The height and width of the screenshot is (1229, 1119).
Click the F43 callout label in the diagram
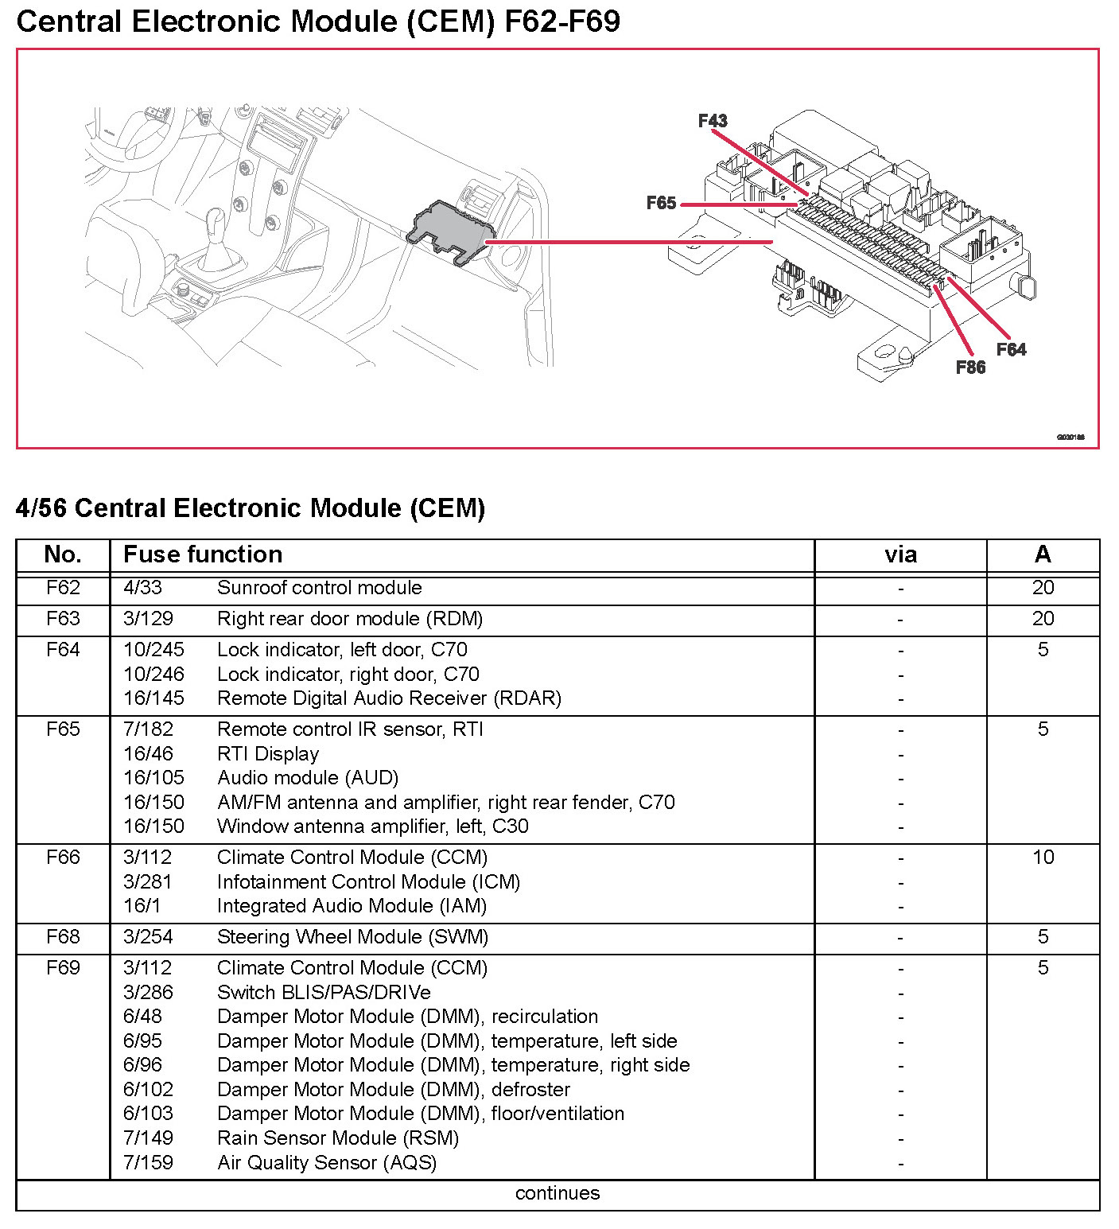pos(713,121)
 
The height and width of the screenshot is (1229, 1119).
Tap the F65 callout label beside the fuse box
pos(661,204)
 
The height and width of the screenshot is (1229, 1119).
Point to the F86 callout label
pos(970,368)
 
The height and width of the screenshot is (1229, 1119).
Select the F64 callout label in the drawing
pos(1011,349)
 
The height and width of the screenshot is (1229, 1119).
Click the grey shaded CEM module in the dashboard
pos(449,228)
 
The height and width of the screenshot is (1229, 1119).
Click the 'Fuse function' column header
pos(203,554)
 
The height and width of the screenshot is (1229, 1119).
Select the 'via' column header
pos(900,554)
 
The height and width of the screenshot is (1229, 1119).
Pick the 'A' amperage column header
pos(1043,554)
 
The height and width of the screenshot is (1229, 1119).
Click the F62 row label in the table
pos(63,588)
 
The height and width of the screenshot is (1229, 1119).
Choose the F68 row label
pos(63,937)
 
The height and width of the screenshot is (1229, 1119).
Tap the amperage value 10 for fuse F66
pos(1043,858)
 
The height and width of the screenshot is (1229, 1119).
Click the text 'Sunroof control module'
pos(319,588)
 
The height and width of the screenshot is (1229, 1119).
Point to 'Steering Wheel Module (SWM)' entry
pos(352,937)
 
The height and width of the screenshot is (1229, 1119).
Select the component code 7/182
pos(148,729)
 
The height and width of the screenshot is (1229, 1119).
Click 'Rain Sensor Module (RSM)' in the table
pos(338,1138)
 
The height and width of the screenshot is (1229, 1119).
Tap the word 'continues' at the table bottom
pos(558,1193)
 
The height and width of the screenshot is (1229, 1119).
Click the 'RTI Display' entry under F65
pos(268,754)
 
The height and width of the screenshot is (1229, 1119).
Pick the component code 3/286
pos(148,993)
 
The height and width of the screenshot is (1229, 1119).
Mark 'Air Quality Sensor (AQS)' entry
pos(327,1163)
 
